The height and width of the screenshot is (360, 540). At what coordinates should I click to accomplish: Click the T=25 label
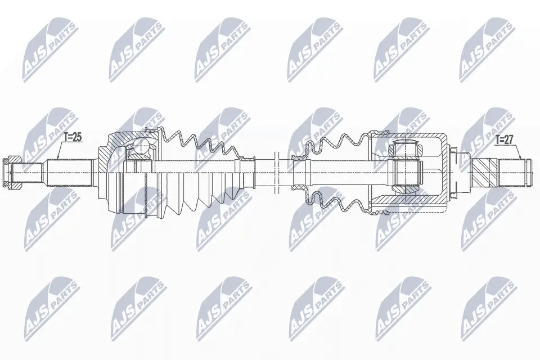tap(73, 137)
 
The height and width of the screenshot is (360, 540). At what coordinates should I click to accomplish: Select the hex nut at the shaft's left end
tap(13, 173)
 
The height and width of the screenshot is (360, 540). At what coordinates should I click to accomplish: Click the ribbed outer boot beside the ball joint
tap(202, 172)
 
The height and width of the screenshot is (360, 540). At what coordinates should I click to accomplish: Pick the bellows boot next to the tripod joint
tap(332, 172)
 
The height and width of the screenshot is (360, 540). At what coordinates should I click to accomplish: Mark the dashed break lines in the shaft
tap(275, 172)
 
